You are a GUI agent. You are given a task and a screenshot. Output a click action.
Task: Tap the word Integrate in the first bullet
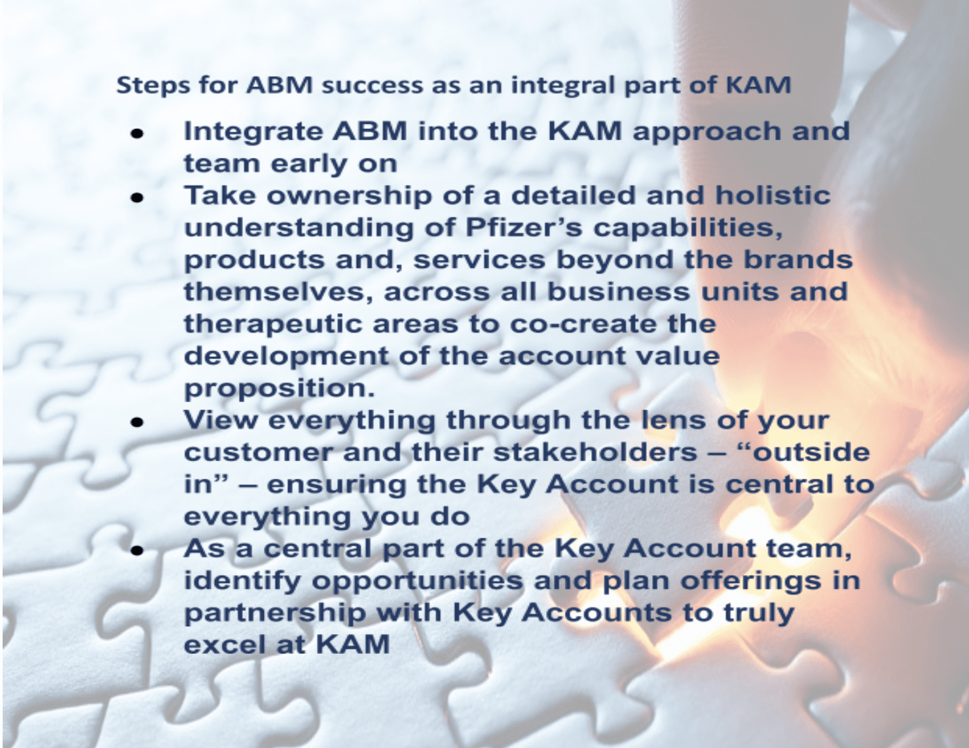(253, 133)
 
